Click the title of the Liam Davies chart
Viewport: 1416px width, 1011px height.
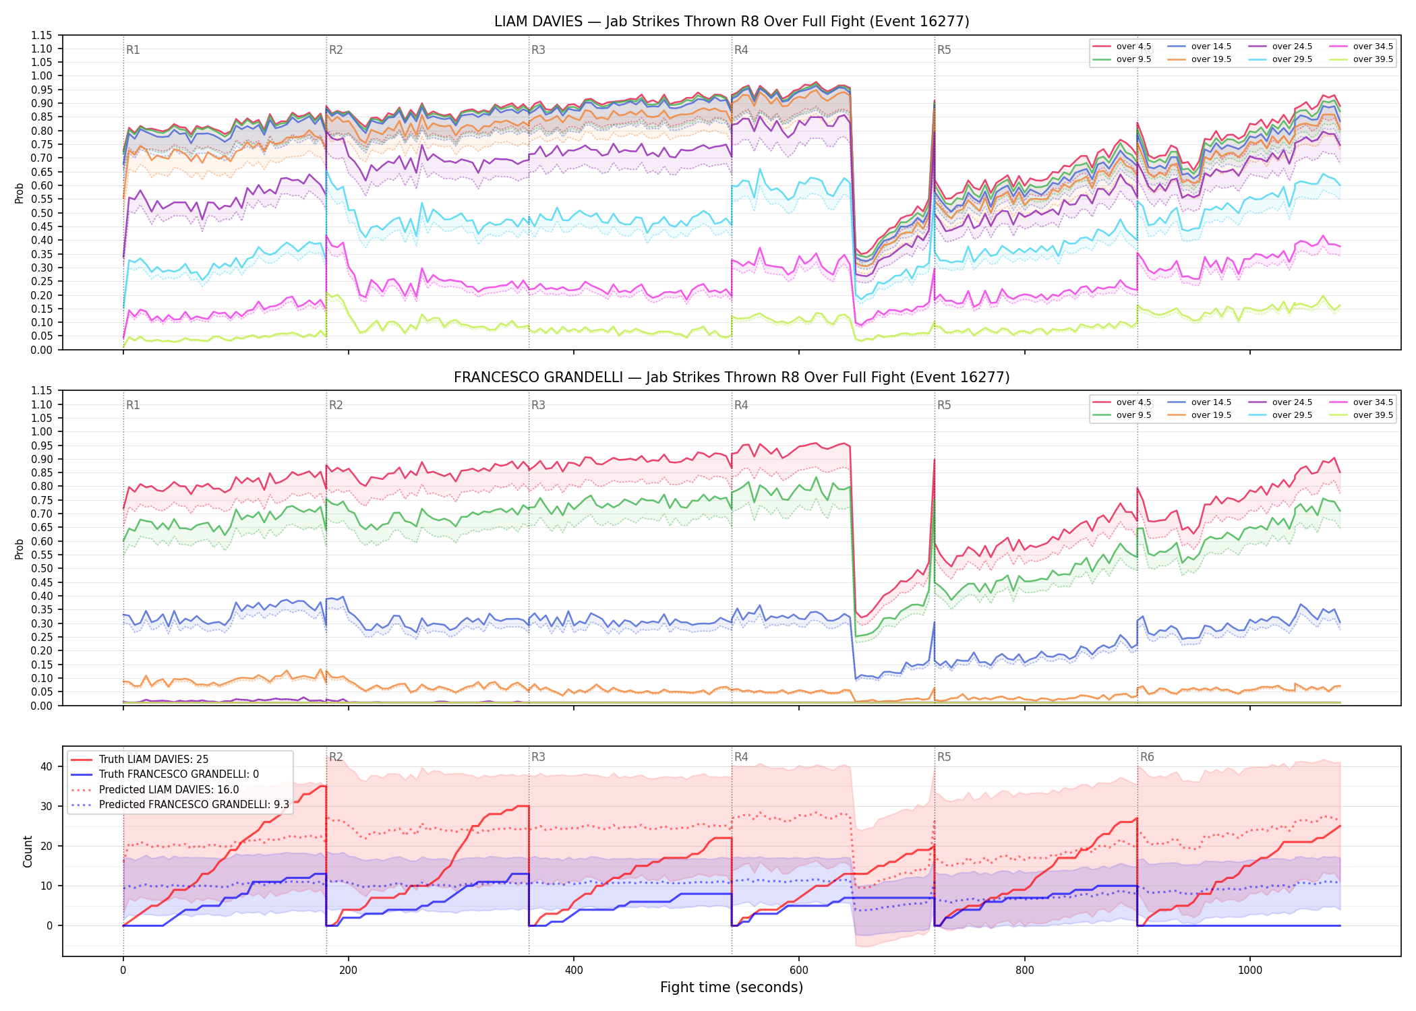click(732, 22)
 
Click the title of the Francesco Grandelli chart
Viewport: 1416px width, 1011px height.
click(732, 377)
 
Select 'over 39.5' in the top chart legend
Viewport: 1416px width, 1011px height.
click(1373, 59)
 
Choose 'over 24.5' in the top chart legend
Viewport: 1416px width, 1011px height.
click(1292, 47)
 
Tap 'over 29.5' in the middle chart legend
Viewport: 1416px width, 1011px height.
click(1292, 415)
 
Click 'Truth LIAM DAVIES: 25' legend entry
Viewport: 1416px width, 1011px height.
click(154, 760)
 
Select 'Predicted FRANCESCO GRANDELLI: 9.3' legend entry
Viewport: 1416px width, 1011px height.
click(194, 805)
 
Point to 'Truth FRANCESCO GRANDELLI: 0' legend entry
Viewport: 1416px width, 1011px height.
click(179, 774)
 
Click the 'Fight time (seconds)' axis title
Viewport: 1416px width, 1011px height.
click(732, 987)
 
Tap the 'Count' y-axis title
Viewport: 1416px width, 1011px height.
click(28, 851)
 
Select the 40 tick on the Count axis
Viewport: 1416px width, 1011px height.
click(47, 766)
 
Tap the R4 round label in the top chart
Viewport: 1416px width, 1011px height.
click(741, 50)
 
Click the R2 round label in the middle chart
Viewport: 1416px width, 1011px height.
click(336, 405)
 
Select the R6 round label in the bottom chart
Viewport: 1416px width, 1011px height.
click(1147, 757)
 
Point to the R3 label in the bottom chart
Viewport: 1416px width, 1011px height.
click(538, 757)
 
